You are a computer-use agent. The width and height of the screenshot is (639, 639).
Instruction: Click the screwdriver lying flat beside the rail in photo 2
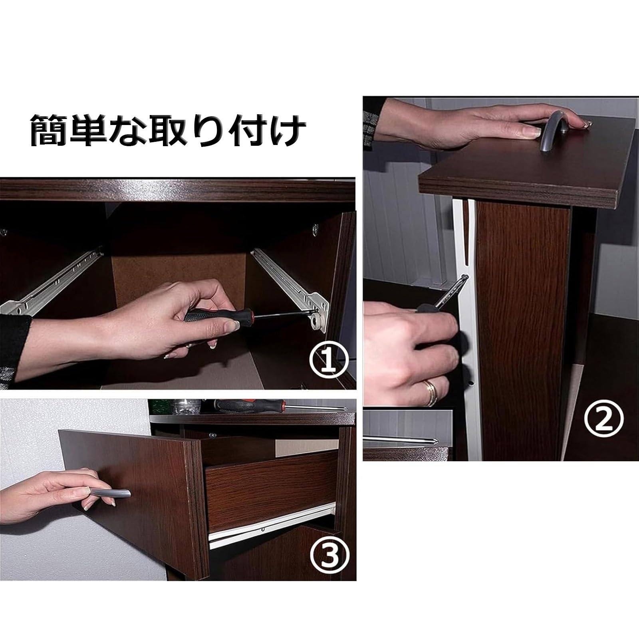click(403, 441)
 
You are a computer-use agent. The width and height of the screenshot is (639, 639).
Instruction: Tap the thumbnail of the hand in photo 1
click(231, 327)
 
